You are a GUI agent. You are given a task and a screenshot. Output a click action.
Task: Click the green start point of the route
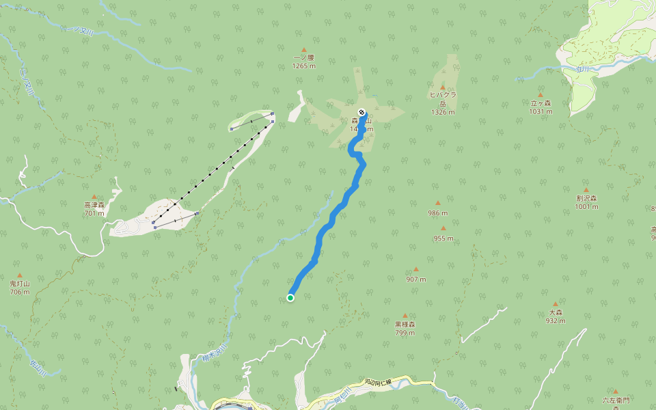coord(290,297)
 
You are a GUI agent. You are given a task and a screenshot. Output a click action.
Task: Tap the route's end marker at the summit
coord(361,112)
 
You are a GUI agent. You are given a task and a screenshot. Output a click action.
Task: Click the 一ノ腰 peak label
coord(303,58)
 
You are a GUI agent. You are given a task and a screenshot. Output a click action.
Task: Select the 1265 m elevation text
coord(303,66)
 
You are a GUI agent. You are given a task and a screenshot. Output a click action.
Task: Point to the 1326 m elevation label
coord(443,112)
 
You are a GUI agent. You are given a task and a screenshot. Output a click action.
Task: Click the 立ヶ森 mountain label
coord(541,103)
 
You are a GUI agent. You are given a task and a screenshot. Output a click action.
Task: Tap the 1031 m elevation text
coord(541,111)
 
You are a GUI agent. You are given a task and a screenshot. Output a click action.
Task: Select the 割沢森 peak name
coord(586,199)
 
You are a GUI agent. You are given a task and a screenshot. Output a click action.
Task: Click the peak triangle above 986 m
coord(438,203)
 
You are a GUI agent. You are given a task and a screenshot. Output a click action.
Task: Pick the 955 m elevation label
coord(443,238)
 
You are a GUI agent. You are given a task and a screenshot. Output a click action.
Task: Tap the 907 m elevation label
coord(415,279)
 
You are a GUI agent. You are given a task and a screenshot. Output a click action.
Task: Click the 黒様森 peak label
coord(405,325)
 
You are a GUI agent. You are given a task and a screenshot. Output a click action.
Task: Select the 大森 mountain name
coord(555,312)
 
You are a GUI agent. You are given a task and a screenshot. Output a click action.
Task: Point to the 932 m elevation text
coord(555,320)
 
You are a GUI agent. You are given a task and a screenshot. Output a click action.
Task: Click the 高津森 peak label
coord(94,205)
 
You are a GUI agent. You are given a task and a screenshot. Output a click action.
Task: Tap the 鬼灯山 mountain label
coord(19,284)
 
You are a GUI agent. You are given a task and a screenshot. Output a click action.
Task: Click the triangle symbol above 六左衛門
coord(614,392)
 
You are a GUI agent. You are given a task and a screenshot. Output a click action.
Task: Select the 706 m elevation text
coord(19,292)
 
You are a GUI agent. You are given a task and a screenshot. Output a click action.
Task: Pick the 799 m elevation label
coord(405,333)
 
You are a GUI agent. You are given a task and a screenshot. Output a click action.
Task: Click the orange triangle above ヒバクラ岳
coord(443,87)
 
